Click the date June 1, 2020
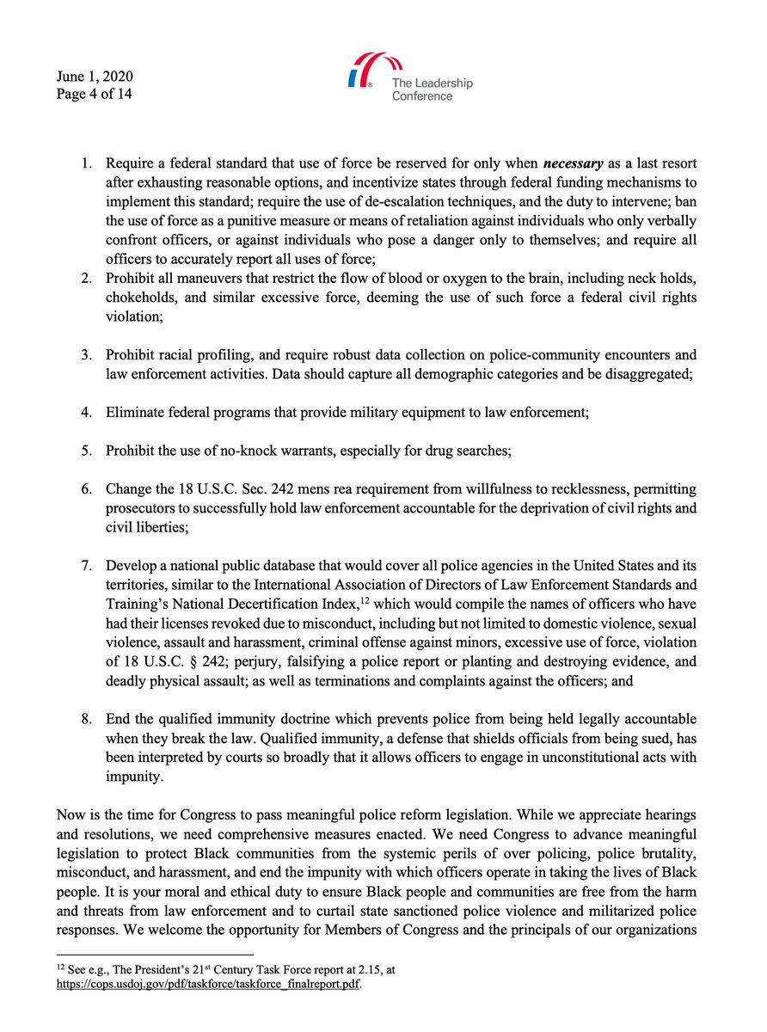pos(94,76)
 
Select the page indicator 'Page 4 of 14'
pos(95,94)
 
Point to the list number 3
pos(87,355)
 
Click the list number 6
pos(87,488)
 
